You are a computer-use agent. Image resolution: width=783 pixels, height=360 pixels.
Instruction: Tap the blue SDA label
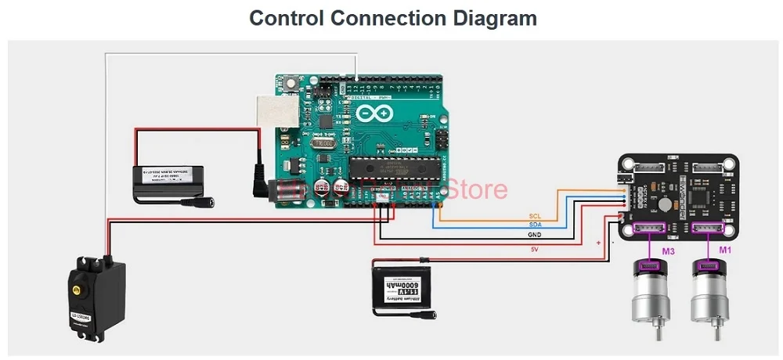pos(536,225)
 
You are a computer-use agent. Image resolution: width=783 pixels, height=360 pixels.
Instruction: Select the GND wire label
pos(535,234)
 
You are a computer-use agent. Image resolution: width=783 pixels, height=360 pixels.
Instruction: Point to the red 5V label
pos(534,249)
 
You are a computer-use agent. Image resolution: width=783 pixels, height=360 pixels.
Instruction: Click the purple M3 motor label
pos(669,251)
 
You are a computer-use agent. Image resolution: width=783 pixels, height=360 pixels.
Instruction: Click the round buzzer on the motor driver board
pos(663,203)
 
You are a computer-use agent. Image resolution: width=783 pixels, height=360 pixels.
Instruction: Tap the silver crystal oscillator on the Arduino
pos(323,142)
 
